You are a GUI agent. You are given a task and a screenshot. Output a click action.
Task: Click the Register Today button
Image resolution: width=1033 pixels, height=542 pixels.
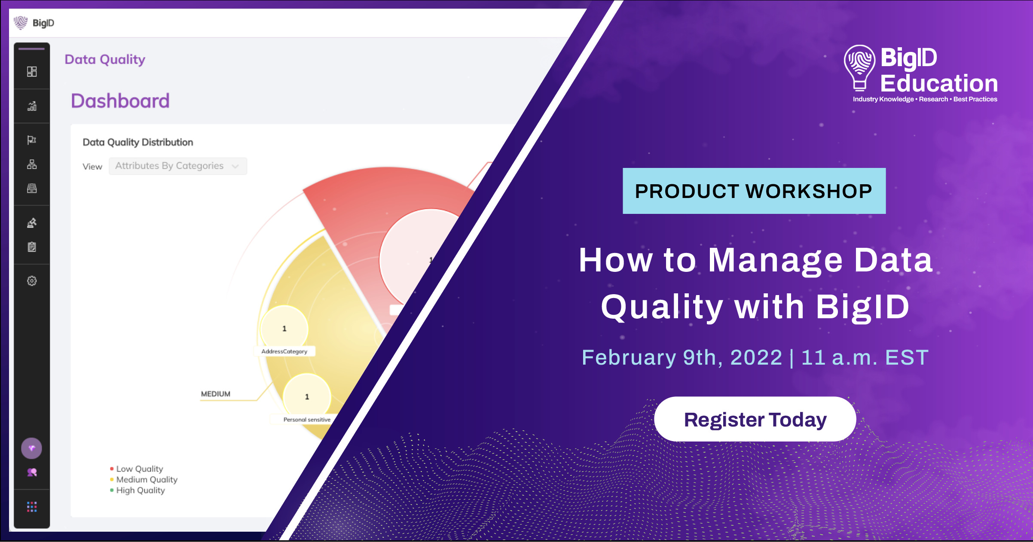(x=755, y=419)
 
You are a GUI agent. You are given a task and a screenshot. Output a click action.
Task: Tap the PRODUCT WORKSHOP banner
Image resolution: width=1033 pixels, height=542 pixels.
(x=754, y=191)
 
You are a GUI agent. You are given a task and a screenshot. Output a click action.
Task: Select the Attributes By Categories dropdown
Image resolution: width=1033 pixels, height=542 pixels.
(x=178, y=166)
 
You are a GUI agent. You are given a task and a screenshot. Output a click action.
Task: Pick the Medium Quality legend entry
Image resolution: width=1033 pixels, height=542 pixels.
(x=144, y=479)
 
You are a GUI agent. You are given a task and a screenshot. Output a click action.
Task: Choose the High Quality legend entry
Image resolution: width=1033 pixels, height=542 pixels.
(x=138, y=490)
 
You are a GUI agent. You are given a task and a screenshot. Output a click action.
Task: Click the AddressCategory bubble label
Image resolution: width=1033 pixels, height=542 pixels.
(x=284, y=351)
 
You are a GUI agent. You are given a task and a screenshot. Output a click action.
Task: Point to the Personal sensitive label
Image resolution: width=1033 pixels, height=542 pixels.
(x=307, y=420)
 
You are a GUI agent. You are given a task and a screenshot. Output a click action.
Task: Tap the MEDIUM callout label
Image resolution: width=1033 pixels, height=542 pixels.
(x=216, y=394)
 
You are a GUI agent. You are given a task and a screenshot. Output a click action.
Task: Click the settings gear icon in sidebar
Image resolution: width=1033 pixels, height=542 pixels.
(x=32, y=281)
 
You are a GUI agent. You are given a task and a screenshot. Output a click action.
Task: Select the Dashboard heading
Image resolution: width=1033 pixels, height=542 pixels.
(x=120, y=101)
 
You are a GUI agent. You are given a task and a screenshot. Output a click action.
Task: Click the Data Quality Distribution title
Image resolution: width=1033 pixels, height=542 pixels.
(x=138, y=142)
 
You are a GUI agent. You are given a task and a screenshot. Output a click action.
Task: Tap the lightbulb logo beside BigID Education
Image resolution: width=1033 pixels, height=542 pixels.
(x=859, y=68)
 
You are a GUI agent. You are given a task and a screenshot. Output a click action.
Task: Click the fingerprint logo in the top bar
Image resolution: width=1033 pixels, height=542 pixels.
(x=20, y=23)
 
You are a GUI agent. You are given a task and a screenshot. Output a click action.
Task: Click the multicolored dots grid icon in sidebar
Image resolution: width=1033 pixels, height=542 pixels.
(x=32, y=507)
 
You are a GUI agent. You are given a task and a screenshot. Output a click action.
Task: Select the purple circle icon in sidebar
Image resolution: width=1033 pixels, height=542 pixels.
(x=31, y=448)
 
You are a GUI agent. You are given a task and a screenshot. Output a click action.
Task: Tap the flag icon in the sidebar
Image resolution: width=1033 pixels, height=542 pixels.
(x=32, y=140)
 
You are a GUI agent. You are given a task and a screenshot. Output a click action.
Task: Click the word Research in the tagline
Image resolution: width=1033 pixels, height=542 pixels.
(x=933, y=99)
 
